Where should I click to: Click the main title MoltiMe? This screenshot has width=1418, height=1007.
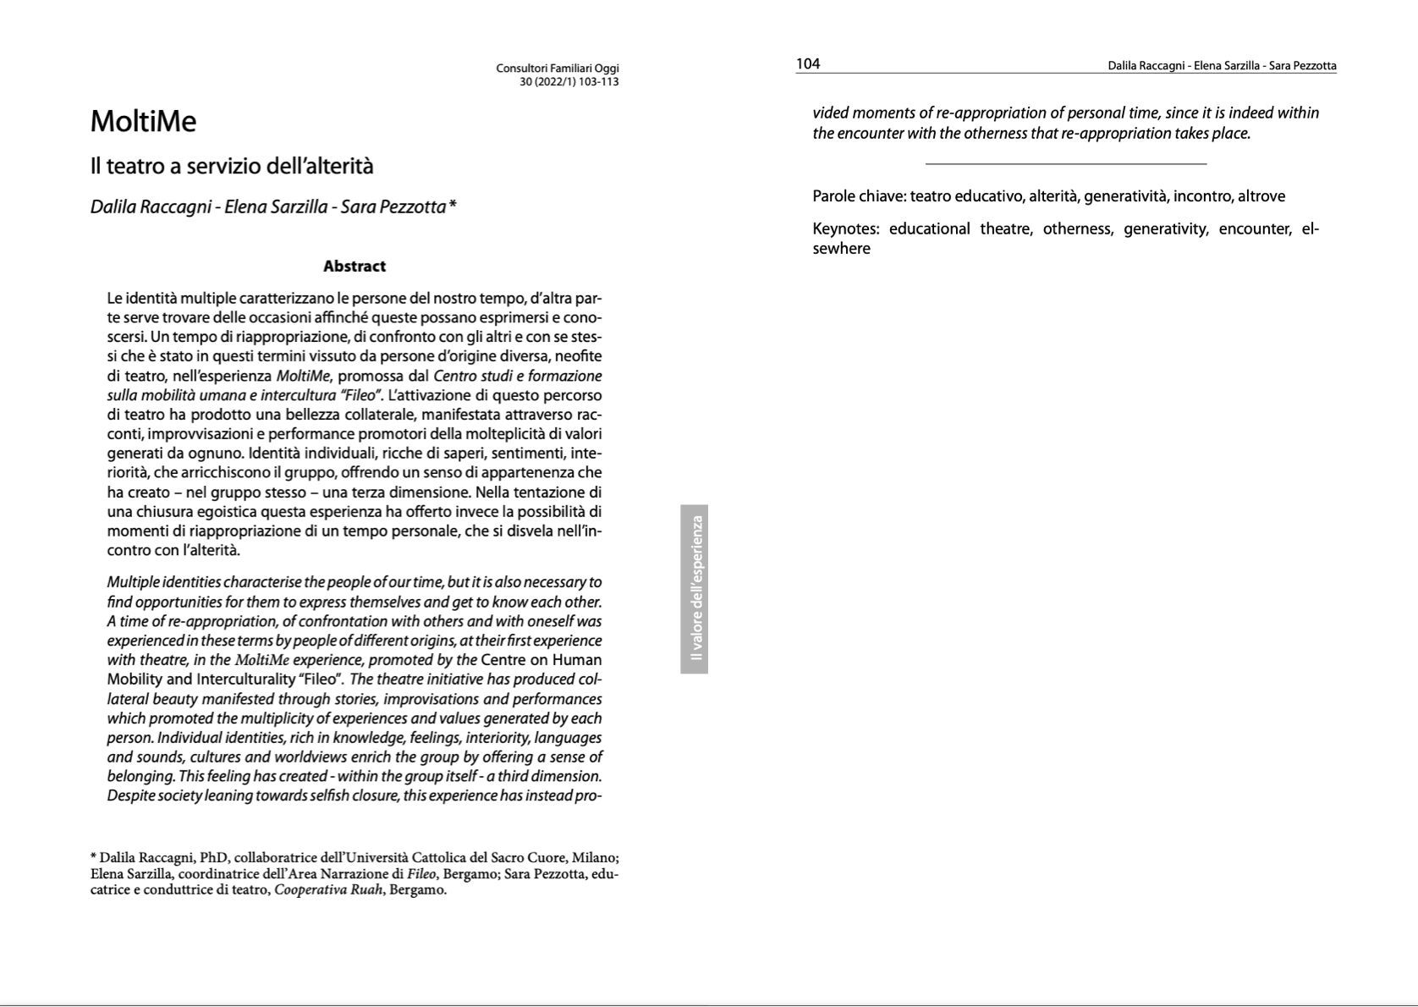coord(143,122)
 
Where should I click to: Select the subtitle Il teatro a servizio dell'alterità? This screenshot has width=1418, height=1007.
coord(232,167)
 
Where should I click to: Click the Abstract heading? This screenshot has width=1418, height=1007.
coord(354,267)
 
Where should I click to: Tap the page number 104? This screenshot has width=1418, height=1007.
coord(808,64)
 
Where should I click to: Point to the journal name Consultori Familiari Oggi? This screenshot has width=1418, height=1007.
coord(558,69)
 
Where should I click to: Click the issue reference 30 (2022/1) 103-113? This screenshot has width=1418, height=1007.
coord(569,82)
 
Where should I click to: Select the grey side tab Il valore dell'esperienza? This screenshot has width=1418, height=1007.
coord(695,589)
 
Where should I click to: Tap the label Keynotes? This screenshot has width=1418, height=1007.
coord(847,229)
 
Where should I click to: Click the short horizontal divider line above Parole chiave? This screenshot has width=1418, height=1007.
coord(1065,163)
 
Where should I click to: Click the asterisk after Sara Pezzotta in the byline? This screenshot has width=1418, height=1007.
coord(453,206)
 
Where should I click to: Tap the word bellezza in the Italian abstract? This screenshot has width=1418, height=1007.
coord(369,415)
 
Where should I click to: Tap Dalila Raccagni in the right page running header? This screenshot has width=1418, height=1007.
coord(1145,66)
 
